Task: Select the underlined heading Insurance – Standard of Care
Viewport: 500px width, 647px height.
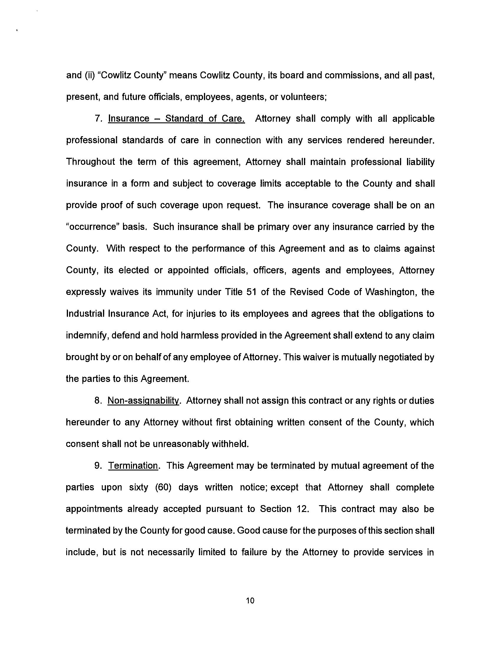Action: pos(176,119)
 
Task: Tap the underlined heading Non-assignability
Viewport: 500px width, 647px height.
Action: pos(143,401)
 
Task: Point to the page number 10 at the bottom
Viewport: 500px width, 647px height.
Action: pos(250,601)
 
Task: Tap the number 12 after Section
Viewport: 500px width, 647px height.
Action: pos(302,509)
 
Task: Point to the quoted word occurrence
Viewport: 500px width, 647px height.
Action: pos(90,227)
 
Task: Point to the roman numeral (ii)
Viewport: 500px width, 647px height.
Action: pos(87,75)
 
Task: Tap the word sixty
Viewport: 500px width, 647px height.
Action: pos(139,488)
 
